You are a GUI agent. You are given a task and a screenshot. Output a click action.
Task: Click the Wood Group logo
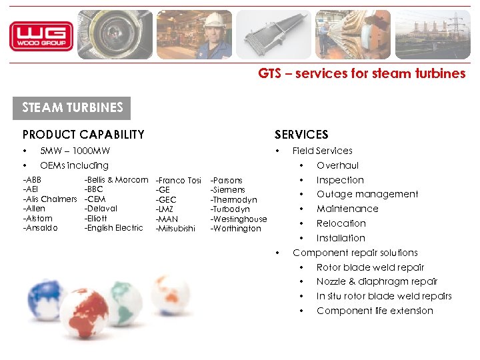pyautogui.click(x=41, y=36)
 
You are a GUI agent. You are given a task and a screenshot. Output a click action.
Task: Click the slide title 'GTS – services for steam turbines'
pyautogui.click(x=362, y=74)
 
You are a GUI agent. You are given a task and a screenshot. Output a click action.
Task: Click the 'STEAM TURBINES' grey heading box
pyautogui.click(x=73, y=107)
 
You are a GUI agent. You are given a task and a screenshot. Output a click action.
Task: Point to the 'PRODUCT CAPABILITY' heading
pyautogui.click(x=83, y=135)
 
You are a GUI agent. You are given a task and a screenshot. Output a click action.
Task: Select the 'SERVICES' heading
pyautogui.click(x=301, y=135)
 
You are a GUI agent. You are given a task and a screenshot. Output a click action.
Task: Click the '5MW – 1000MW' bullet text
pyautogui.click(x=75, y=151)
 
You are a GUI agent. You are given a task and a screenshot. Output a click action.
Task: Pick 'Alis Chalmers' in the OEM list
pyautogui.click(x=51, y=199)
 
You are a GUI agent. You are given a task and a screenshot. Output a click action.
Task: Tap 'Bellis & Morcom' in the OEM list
pyautogui.click(x=116, y=180)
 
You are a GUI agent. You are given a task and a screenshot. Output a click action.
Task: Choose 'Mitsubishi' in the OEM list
pyautogui.click(x=175, y=229)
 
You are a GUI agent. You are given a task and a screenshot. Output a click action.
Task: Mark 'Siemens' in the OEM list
pyautogui.click(x=228, y=190)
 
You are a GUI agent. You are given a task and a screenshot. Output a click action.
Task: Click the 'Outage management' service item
pyautogui.click(x=367, y=194)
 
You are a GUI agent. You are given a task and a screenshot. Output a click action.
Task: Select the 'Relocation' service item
pyautogui.click(x=341, y=223)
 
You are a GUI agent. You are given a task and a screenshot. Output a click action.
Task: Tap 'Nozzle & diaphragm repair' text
pyautogui.click(x=377, y=281)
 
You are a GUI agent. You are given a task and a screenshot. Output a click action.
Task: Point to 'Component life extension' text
pyautogui.click(x=375, y=311)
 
